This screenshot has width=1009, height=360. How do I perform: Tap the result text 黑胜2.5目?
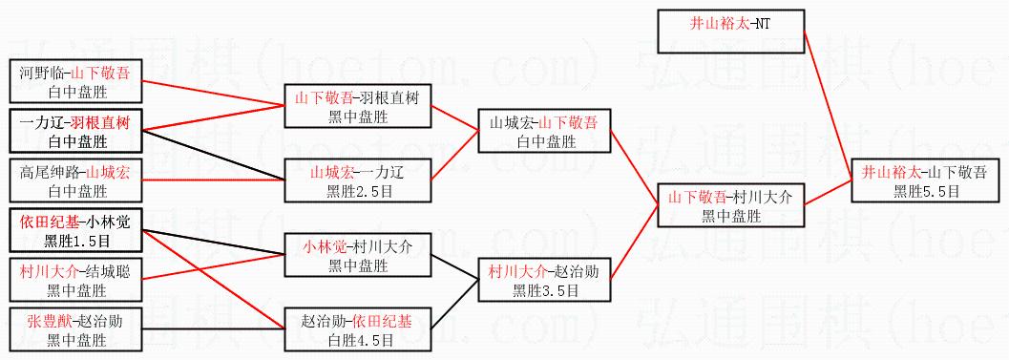click(357, 191)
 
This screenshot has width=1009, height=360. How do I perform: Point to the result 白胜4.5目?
click(357, 339)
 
